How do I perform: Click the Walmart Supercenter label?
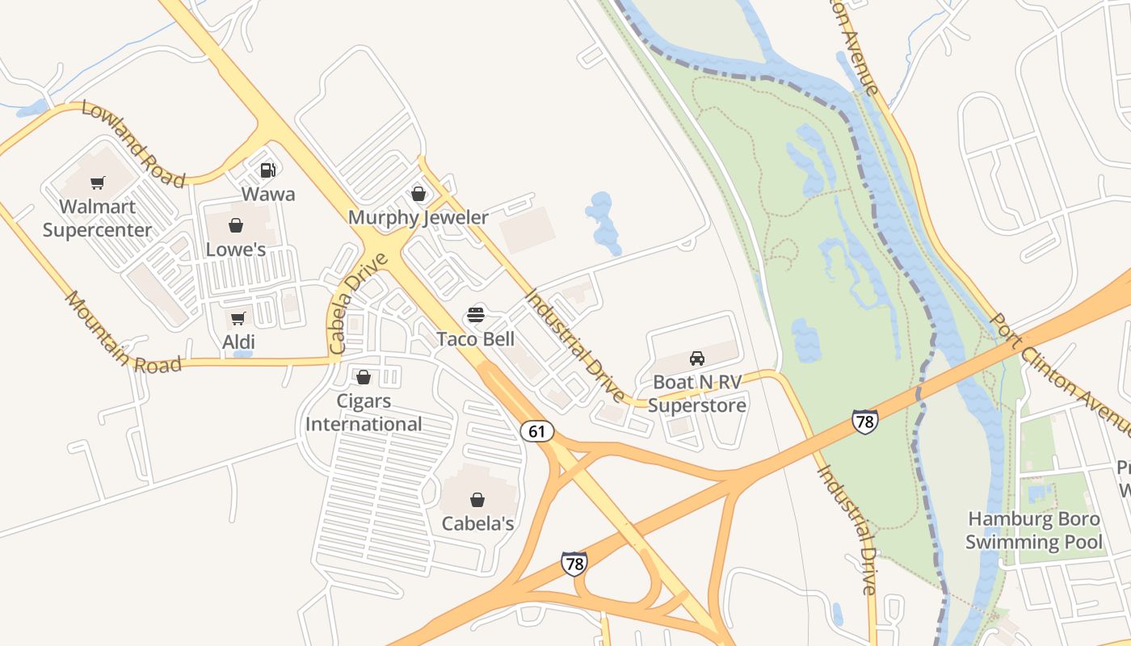[97, 219]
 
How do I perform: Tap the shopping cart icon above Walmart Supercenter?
[98, 183]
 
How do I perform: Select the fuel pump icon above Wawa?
[268, 170]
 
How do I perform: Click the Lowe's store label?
[236, 250]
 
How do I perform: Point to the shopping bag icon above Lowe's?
[235, 225]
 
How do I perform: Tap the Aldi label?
[238, 342]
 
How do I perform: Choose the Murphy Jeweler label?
[418, 217]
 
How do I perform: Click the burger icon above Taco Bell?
[476, 315]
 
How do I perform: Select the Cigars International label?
[364, 413]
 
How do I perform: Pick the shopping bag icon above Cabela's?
[477, 500]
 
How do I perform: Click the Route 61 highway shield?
[537, 431]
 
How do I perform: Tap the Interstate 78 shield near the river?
[864, 422]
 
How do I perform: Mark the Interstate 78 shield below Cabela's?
[574, 563]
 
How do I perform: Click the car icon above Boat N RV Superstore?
[697, 358]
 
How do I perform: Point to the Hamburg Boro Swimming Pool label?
[1034, 530]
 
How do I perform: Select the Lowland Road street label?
[133, 144]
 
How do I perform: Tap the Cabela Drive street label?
[359, 304]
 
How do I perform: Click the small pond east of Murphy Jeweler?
[603, 219]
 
